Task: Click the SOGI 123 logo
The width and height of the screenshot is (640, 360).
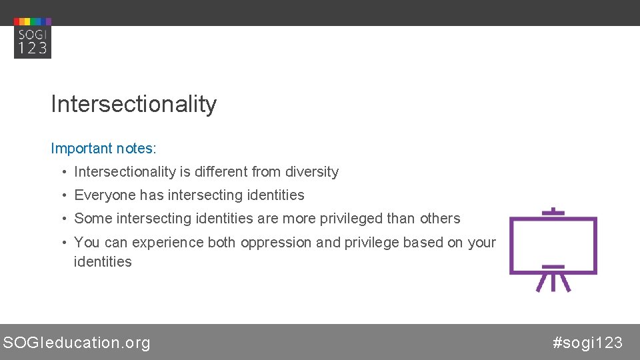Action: (x=33, y=38)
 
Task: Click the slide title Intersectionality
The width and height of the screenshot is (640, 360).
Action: (x=133, y=104)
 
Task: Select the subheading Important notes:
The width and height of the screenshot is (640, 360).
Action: (x=103, y=148)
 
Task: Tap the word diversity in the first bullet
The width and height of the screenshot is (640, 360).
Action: (x=312, y=172)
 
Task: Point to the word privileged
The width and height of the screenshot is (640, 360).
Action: (x=381, y=219)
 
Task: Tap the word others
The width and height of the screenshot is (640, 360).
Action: (x=440, y=219)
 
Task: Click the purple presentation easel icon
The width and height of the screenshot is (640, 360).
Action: (x=553, y=249)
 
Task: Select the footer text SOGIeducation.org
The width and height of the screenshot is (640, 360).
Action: (x=77, y=343)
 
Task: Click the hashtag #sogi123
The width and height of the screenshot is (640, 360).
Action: (x=587, y=343)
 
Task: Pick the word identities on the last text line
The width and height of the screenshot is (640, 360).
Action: (x=103, y=262)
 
